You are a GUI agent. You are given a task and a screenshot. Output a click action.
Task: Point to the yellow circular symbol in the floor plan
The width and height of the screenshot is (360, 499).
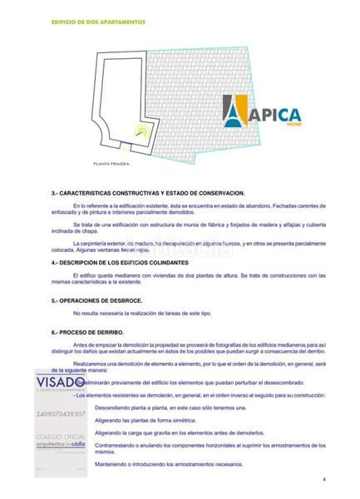tap(142, 129)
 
